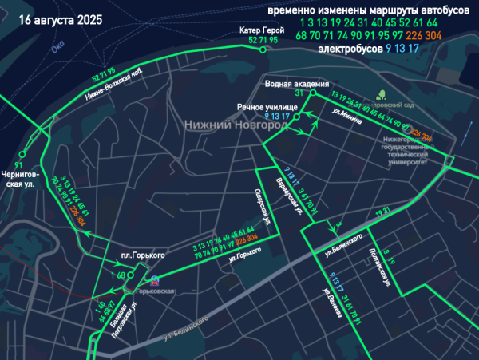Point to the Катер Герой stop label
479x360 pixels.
(262, 30)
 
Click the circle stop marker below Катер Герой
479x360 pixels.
(263, 49)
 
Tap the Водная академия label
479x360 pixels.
(297, 83)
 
